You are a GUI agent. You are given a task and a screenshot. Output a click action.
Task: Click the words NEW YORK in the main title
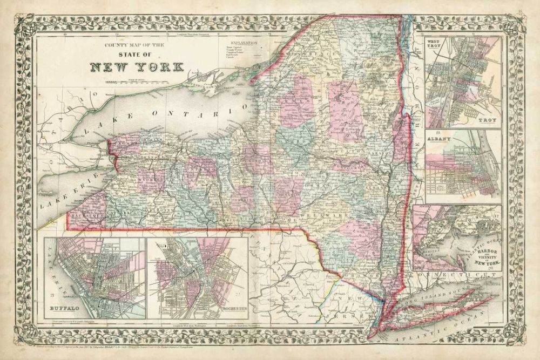[x=137, y=68]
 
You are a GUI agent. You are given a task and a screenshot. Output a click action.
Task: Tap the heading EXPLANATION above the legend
[x=243, y=42]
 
